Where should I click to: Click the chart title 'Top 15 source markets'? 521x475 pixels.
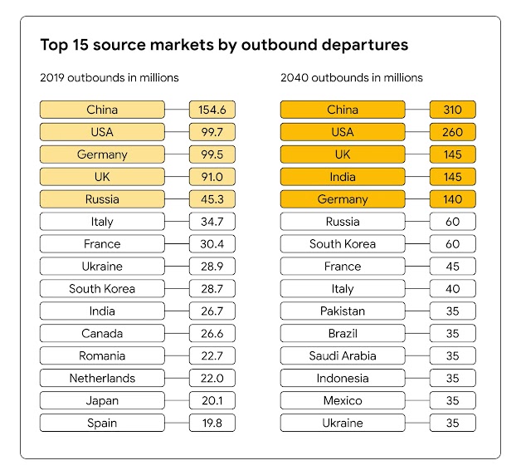[224, 44]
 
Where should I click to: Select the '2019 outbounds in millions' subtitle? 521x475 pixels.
[110, 78]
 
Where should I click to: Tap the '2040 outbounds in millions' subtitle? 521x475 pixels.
[352, 78]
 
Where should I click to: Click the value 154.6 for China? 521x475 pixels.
[212, 110]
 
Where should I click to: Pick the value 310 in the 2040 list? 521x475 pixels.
[452, 110]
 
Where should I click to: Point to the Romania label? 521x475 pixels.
[102, 356]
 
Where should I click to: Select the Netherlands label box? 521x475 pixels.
[102, 379]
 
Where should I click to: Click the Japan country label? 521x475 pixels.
[102, 401]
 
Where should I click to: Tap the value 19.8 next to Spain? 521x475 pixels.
[212, 424]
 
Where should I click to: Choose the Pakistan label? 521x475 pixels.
[343, 311]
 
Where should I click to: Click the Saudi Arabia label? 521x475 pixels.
[343, 356]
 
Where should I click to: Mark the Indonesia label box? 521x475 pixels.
[343, 379]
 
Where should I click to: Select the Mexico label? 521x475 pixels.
[343, 401]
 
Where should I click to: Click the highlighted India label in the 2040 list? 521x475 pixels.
[343, 177]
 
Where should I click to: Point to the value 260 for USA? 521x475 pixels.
[452, 132]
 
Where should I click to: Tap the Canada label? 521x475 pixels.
[102, 334]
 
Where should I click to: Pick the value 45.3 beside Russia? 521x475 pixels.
[212, 199]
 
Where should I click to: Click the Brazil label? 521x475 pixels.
[343, 334]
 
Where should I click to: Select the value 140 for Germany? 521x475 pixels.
[452, 199]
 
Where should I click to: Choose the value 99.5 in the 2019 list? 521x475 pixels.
[212, 154]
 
